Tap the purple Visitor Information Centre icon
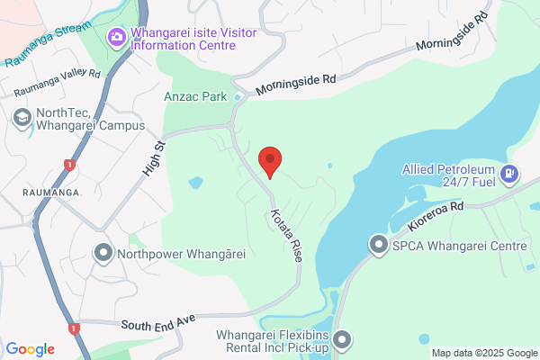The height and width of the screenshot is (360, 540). tap(117, 37)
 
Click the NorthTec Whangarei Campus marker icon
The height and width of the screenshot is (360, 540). tap(22, 117)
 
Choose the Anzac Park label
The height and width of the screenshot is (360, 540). tap(193, 94)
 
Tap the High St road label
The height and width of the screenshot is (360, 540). tap(154, 157)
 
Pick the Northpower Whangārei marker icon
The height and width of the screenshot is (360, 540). tap(104, 253)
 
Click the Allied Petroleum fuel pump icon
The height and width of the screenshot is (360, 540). tap(510, 173)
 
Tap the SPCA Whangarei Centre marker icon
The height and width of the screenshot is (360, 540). tap(379, 245)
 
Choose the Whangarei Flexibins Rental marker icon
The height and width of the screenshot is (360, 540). tap(342, 339)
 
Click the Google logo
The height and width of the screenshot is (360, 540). tap(31, 349)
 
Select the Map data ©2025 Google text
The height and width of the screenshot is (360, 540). tap(483, 352)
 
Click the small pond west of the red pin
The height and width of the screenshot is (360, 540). tap(195, 183)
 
